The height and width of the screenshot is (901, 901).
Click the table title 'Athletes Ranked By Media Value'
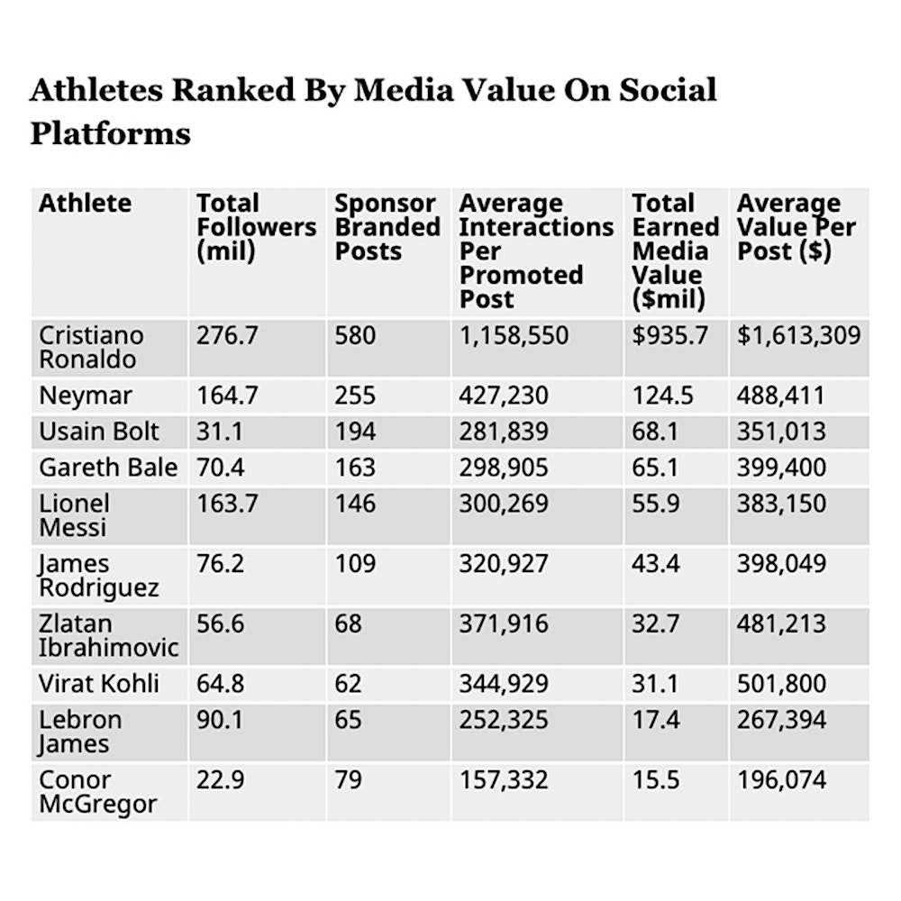click(x=373, y=111)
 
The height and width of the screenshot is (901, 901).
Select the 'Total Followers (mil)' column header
click(x=256, y=227)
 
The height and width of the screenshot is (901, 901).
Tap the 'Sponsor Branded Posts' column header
click(x=387, y=227)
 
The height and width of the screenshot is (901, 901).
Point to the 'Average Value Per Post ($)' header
click(x=796, y=227)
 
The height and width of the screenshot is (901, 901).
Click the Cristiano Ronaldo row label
click(x=91, y=347)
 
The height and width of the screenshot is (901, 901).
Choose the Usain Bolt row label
click(x=99, y=432)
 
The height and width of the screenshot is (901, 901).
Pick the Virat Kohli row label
click(x=99, y=683)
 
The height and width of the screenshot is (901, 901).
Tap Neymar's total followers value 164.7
click(x=227, y=396)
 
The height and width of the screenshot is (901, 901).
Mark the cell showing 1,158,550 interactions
click(x=514, y=336)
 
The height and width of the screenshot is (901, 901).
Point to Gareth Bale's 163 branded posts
click(x=355, y=467)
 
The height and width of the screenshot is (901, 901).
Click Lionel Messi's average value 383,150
click(x=781, y=503)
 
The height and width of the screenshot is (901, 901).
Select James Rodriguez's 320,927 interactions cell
click(x=504, y=563)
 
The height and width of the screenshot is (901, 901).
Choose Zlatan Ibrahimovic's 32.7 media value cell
click(x=655, y=623)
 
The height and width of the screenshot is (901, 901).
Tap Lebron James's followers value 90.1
click(x=220, y=719)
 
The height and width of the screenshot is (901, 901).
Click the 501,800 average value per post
click(x=781, y=683)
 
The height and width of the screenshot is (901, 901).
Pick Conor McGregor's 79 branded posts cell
click(x=348, y=779)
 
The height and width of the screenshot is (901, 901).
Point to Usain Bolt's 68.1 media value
click(x=655, y=432)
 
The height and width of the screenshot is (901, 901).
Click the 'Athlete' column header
click(x=85, y=203)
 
